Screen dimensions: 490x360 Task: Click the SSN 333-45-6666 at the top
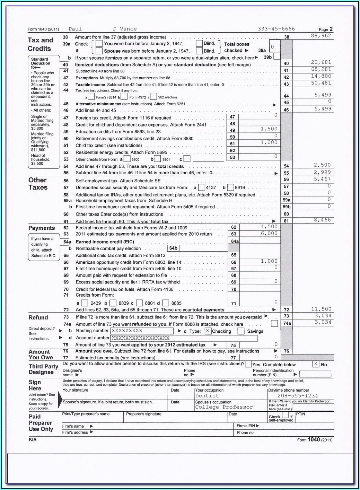tap(276, 29)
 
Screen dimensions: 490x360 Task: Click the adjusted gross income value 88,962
tap(321, 36)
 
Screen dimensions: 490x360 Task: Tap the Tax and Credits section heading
tap(40, 44)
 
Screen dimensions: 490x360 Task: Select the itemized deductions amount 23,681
tap(321, 62)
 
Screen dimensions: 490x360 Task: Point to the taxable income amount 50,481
tap(321, 83)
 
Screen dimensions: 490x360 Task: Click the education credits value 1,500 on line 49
tap(269, 129)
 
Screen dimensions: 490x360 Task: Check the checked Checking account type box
tap(208, 331)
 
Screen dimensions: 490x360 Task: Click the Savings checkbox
tap(241, 331)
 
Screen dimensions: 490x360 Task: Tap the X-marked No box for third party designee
tap(316, 364)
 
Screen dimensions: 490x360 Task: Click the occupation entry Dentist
tap(207, 396)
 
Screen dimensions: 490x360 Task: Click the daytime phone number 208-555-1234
tap(297, 396)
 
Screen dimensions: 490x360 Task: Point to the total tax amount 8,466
tap(322, 220)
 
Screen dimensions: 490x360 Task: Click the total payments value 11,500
tap(321, 309)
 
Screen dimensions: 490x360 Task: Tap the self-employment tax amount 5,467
tap(322, 179)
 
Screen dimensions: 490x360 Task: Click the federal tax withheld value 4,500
tap(269, 227)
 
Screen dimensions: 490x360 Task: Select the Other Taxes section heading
tap(38, 184)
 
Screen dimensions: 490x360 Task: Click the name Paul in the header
tap(75, 29)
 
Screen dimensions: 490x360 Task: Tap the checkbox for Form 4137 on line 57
tap(201, 188)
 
